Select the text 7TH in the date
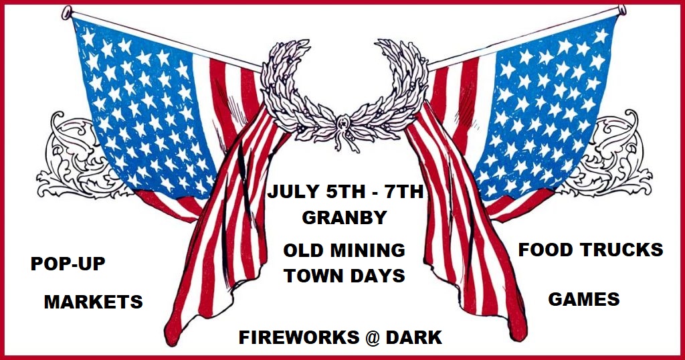[403, 192]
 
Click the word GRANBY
[345, 217]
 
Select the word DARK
[414, 337]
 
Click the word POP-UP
[68, 264]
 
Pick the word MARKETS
[94, 302]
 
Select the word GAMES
[583, 299]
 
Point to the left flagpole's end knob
[66, 12]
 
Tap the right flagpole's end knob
[622, 10]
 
